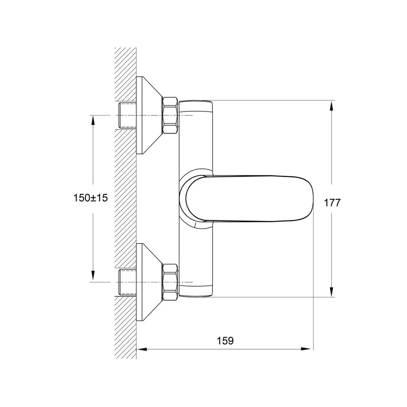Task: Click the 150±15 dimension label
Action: pos(91,198)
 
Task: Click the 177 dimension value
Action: pos(331,203)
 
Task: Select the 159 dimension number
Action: pos(225,341)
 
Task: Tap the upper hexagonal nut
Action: pos(170,115)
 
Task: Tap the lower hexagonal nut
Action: pos(170,282)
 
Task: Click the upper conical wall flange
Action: pos(148,115)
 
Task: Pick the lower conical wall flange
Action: pos(148,282)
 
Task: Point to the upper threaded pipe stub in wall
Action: pos(127,115)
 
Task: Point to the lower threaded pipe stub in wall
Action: pos(127,282)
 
